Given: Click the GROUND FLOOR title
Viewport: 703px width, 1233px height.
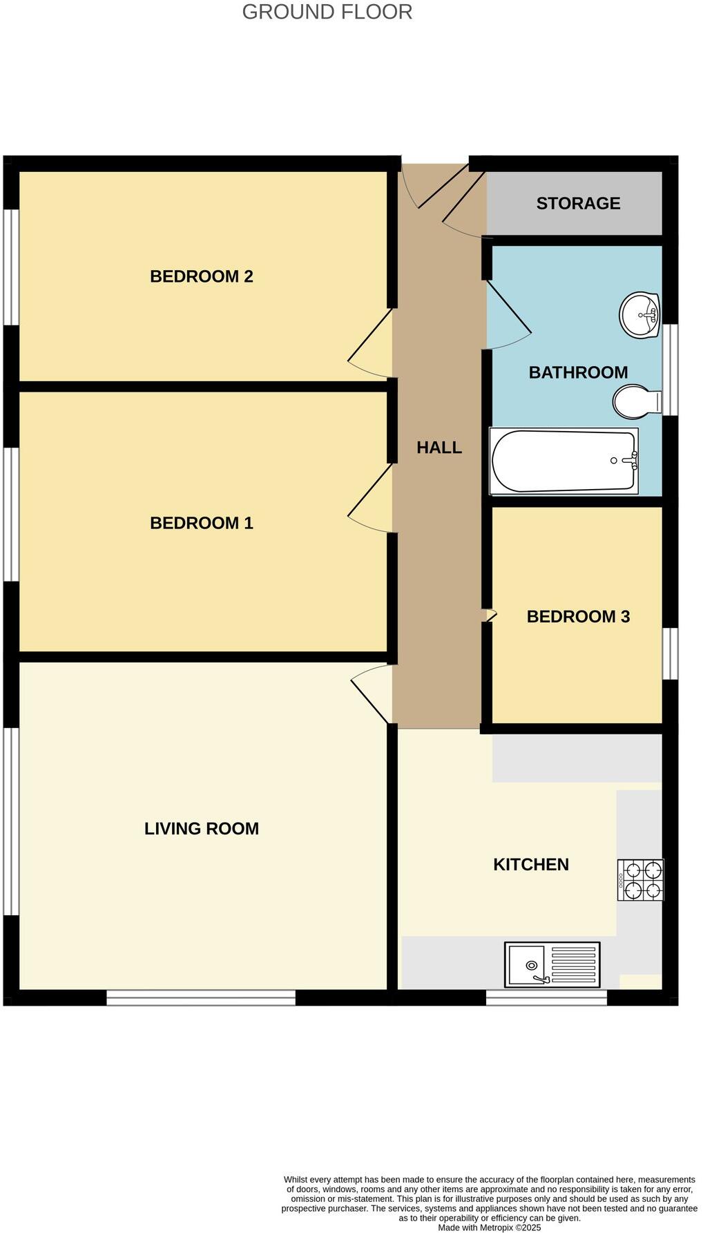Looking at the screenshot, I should (327, 12).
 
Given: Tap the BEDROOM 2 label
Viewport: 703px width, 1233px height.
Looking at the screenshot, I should (201, 276).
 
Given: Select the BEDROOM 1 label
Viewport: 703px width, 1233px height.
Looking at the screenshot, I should (201, 523).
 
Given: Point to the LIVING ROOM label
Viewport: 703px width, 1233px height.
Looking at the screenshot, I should (201, 828).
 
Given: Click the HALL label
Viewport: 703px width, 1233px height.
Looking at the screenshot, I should (439, 448).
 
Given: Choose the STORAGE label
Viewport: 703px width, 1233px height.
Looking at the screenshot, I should (578, 203).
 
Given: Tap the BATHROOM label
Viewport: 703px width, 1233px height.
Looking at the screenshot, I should (578, 372).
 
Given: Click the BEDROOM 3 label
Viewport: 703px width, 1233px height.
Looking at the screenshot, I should (578, 616).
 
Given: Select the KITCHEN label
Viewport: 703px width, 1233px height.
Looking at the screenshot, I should (530, 864).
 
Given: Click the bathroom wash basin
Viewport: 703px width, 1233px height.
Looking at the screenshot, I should (639, 316).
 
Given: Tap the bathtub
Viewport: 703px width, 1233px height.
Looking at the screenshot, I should (563, 461).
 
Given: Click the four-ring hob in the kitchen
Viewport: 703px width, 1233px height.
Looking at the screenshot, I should (640, 880).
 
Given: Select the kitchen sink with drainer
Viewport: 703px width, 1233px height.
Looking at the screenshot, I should (552, 964).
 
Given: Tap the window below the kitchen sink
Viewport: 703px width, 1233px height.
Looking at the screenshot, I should (546, 997).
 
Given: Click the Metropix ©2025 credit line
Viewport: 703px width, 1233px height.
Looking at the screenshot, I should (489, 1227).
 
